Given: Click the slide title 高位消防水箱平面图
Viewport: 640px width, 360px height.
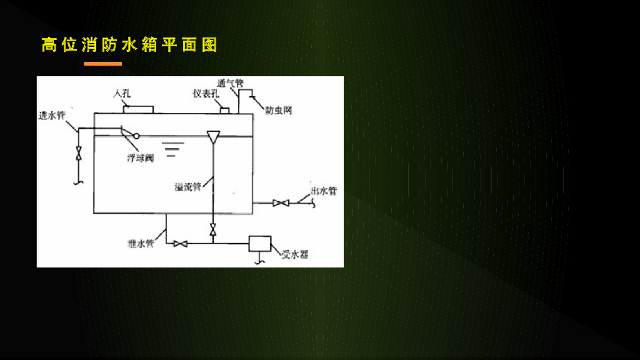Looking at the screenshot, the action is (x=129, y=45).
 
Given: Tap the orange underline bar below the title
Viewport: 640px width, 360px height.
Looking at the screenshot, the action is (x=102, y=64).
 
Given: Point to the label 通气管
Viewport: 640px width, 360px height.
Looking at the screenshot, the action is (x=230, y=82).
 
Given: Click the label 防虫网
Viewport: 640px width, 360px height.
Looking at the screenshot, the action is (x=278, y=111).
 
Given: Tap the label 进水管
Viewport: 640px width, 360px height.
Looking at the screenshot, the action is (x=52, y=115).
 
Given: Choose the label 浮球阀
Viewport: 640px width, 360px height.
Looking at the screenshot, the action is (x=140, y=158).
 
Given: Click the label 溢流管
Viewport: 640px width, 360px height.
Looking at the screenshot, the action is (x=187, y=186).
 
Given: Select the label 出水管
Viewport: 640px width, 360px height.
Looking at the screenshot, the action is (x=324, y=191).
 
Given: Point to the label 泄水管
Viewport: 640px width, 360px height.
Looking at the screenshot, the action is (x=141, y=244).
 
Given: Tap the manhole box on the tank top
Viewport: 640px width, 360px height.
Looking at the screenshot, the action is (x=138, y=109).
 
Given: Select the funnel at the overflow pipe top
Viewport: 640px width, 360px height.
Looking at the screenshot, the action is (x=213, y=136).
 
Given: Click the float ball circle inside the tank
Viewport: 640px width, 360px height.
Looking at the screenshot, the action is (x=136, y=136).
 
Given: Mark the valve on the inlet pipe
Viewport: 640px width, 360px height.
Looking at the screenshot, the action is (x=78, y=152).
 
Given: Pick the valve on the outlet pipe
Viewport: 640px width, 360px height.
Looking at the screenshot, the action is (x=281, y=202).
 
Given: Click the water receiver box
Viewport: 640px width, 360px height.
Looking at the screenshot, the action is (x=259, y=243).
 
